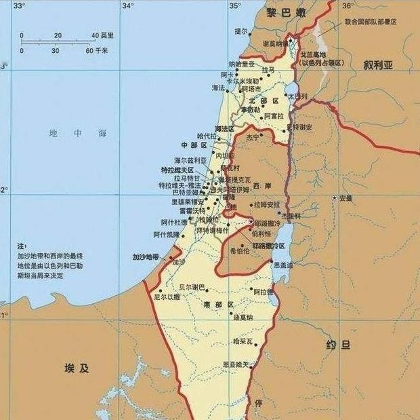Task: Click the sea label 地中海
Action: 78,134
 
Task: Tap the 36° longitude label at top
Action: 348,6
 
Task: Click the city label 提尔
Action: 240,31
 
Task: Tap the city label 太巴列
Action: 298,96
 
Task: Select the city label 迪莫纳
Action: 242,317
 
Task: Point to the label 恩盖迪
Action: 282,265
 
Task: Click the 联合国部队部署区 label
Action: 370,22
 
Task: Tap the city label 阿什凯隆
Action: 165,234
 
